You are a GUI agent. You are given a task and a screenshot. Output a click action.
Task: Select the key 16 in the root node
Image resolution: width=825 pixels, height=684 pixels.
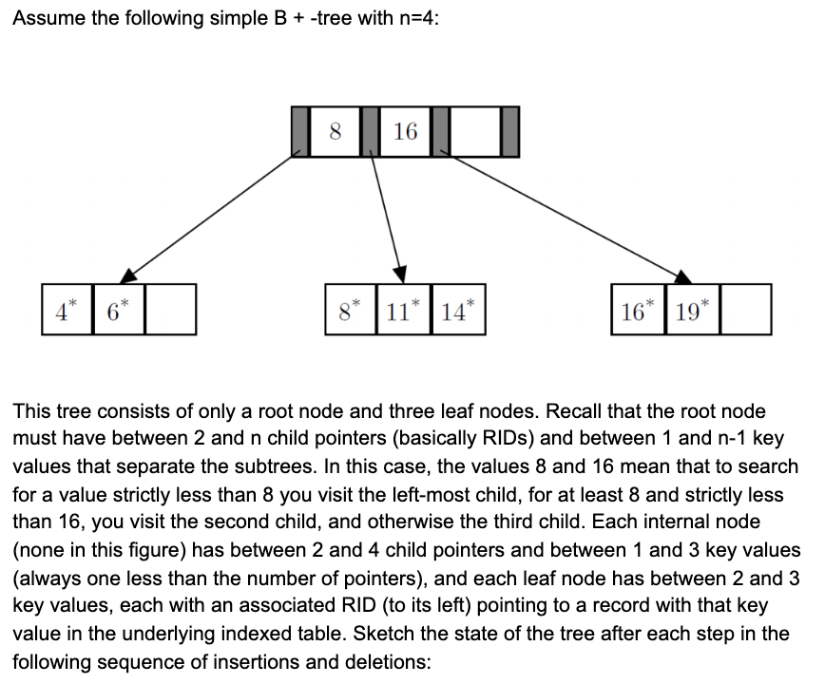tap(405, 132)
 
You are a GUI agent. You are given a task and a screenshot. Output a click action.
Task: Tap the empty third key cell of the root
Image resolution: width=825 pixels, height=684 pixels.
tap(474, 132)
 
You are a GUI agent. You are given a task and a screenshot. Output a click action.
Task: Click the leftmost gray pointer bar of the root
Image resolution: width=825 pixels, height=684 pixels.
tap(301, 132)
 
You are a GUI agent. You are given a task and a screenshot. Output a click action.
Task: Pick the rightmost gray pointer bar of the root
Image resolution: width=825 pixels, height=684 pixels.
tap(509, 132)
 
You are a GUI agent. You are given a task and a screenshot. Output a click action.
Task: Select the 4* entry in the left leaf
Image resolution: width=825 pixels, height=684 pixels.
tap(66, 309)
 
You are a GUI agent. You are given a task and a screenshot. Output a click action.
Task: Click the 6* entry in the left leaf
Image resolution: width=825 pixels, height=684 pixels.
tap(118, 309)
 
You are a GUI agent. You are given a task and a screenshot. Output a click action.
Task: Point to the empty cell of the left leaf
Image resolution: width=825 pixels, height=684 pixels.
tap(171, 309)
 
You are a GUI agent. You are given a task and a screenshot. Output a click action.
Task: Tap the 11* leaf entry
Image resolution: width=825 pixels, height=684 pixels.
tap(403, 309)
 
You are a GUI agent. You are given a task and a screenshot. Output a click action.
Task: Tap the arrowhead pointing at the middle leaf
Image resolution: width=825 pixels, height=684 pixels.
tap(401, 273)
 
